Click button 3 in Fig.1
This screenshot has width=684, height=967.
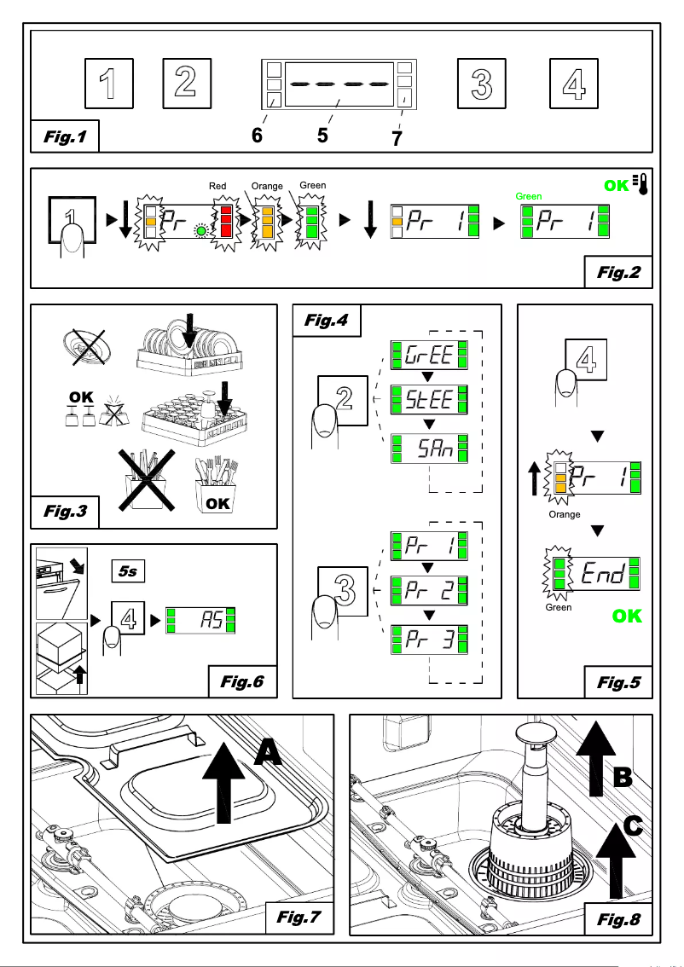482,83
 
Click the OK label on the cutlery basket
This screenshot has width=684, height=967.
217,503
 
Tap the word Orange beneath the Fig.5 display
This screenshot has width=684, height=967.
564,515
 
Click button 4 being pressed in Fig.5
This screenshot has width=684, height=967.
585,361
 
